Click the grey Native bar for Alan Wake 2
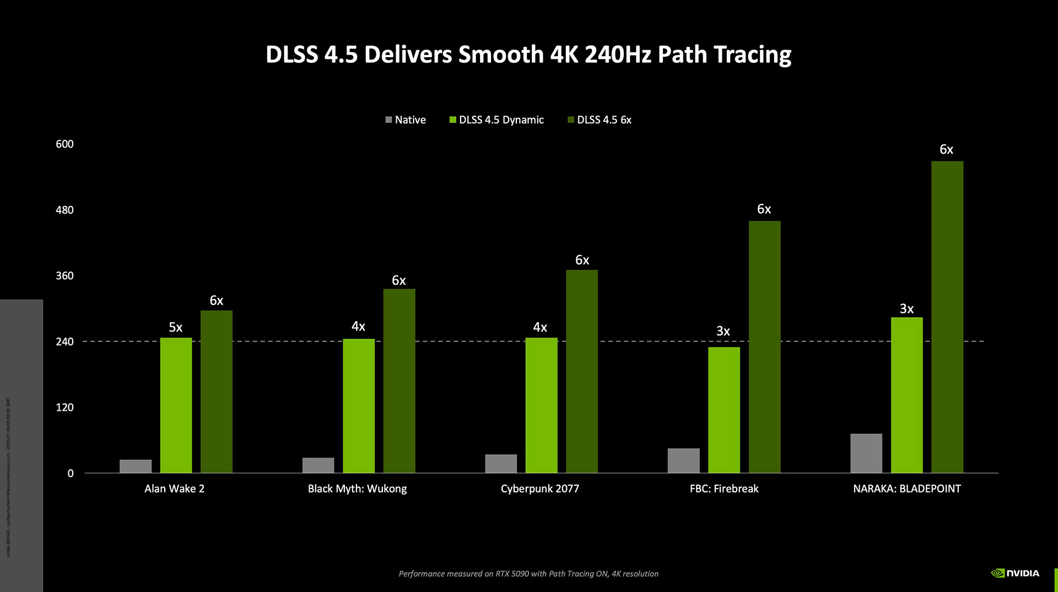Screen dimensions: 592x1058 (x=136, y=466)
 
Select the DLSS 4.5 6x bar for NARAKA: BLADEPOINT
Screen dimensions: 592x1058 (x=947, y=317)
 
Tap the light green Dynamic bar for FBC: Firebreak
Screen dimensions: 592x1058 (x=724, y=410)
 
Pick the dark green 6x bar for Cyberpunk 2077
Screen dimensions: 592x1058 (x=581, y=371)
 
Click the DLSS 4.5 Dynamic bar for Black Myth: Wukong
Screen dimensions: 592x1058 (x=358, y=406)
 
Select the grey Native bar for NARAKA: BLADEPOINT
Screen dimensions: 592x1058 (x=866, y=453)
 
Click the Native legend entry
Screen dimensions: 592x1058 (x=406, y=120)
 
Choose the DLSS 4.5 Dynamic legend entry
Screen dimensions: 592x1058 (x=496, y=120)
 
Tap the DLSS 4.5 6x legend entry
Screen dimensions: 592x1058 (x=600, y=120)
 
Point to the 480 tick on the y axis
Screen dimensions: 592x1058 (x=64, y=210)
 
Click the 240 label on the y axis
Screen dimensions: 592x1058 (x=64, y=341)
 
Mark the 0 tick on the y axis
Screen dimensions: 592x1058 (x=71, y=473)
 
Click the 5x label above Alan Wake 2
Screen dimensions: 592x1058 (x=175, y=327)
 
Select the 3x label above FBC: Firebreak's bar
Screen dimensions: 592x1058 (x=722, y=331)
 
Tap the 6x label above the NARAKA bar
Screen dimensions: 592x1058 (x=946, y=149)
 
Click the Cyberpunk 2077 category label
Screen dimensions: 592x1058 (x=539, y=488)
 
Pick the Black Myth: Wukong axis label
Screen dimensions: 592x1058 (x=357, y=488)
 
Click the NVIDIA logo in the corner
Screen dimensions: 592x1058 (x=1015, y=573)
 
